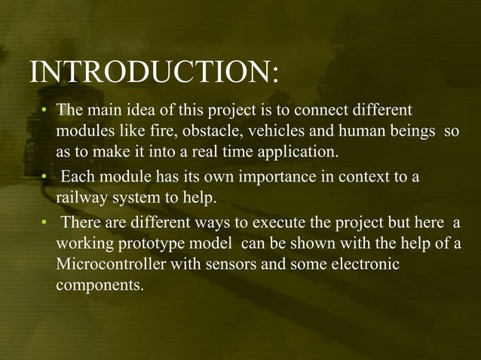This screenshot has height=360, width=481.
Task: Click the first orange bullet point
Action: (44, 111)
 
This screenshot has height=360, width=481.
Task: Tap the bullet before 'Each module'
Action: (44, 179)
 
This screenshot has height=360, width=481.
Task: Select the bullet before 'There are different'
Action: (44, 224)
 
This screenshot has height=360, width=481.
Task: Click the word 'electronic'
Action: (366, 266)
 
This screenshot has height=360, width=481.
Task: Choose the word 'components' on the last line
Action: (98, 288)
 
